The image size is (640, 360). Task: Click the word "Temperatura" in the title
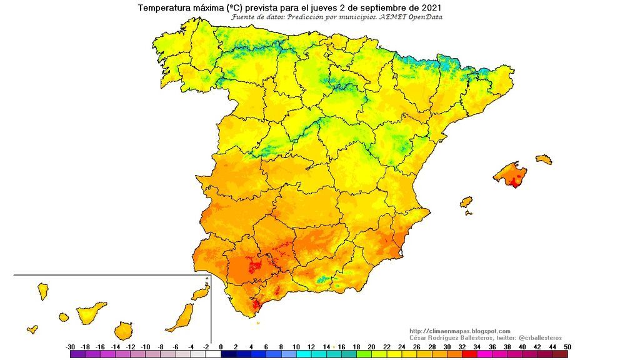pos(164,8)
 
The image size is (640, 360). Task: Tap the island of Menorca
pos(544,159)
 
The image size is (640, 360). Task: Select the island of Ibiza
pos(466,202)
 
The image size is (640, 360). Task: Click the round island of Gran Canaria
pos(124,330)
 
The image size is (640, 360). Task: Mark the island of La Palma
pos(43,291)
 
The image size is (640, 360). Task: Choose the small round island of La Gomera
pos(63,317)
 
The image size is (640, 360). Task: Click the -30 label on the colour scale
pos(71,346)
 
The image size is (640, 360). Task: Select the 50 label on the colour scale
pos(567,346)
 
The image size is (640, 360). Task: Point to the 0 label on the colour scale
pos(221,346)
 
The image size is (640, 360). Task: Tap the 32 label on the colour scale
pos(461,346)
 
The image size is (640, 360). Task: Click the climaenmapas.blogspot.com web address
pos(460,331)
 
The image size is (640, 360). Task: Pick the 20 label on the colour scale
pos(371,346)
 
